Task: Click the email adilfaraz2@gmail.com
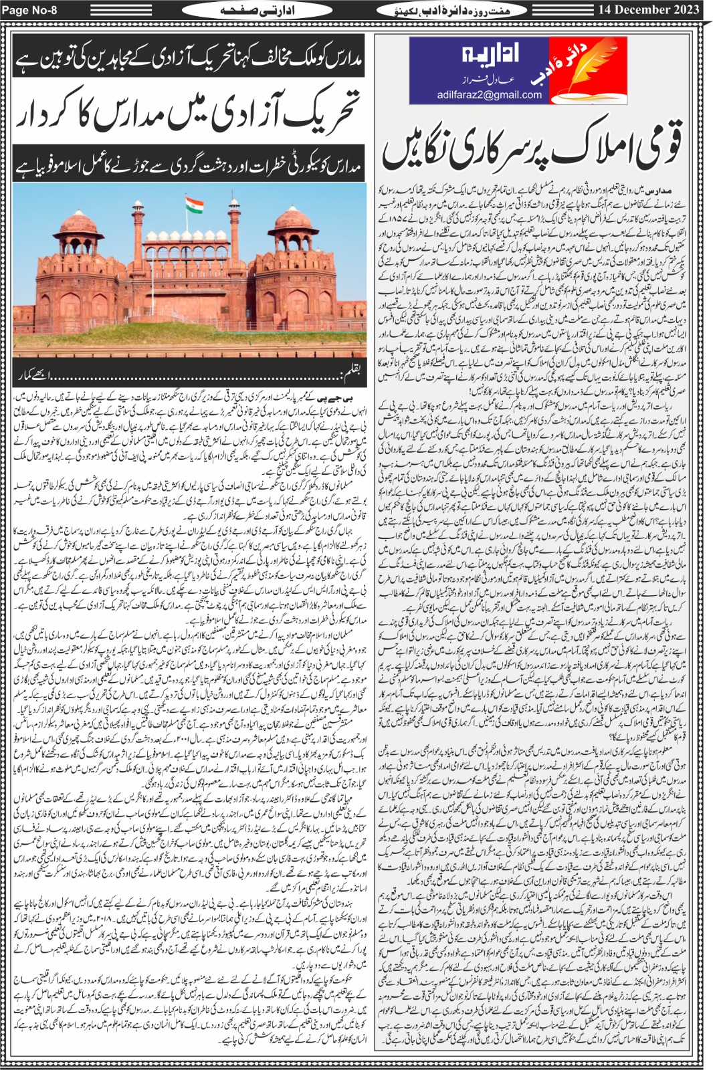(490, 94)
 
